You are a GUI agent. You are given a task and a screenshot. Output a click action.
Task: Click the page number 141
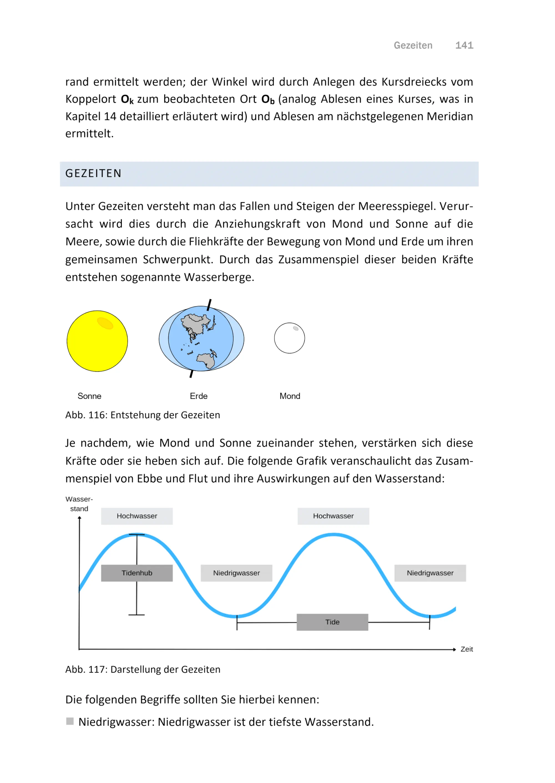(464, 45)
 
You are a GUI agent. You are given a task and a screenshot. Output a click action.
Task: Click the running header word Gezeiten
(413, 45)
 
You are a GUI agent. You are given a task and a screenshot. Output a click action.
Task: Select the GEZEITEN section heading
(93, 174)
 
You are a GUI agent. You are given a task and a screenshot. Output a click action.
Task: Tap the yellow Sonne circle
(97, 341)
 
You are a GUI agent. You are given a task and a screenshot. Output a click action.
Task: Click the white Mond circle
(289, 338)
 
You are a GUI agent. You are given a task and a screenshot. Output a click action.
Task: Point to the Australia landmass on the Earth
(206, 360)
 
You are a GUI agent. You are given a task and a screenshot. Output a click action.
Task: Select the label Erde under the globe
(199, 396)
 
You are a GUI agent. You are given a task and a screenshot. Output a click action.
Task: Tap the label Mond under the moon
(290, 396)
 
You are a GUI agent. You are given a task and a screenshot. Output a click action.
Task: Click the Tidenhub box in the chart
(137, 573)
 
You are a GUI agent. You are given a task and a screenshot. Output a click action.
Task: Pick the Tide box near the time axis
(332, 622)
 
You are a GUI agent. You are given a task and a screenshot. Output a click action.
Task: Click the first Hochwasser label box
(137, 516)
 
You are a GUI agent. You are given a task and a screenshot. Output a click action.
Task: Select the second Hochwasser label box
(333, 516)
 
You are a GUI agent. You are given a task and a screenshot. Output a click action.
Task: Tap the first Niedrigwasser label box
(236, 573)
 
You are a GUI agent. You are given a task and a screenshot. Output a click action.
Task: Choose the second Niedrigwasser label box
(430, 573)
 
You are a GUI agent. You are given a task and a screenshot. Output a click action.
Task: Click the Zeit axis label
(466, 649)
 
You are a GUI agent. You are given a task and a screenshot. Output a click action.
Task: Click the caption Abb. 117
(143, 669)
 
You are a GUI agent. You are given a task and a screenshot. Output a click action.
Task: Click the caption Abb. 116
(143, 415)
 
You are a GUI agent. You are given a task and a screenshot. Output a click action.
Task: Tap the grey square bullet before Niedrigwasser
(70, 721)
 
